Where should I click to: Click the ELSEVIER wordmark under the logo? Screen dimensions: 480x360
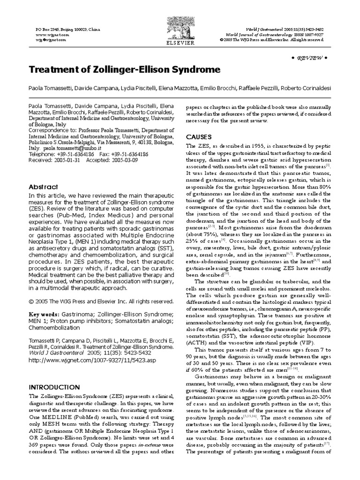[x=180, y=41]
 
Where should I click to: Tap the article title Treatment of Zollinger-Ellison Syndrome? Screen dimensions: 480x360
[x=124, y=70]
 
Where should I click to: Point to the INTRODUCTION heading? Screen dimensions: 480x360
[x=54, y=387]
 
